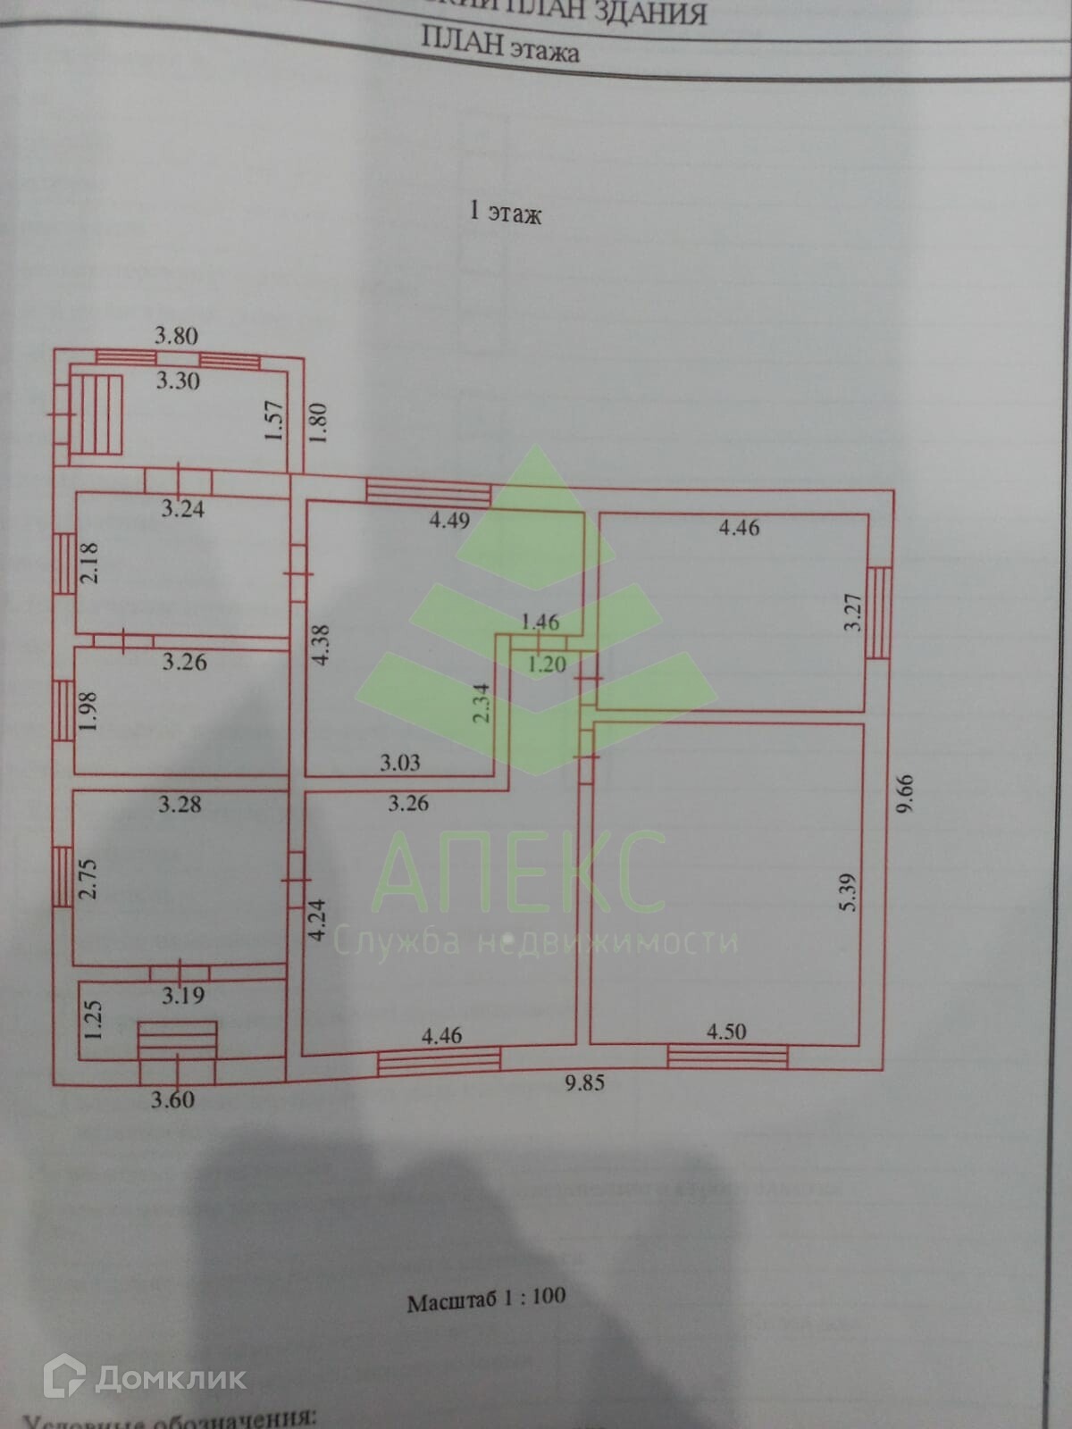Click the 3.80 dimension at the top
[x=176, y=337]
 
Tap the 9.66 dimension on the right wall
[x=908, y=793]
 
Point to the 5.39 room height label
[x=848, y=891]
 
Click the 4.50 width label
[x=726, y=1032]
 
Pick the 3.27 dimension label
[x=854, y=613]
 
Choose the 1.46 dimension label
[x=540, y=622]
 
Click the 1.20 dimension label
[x=547, y=664]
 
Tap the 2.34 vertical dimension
[x=482, y=703]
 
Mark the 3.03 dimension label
[x=399, y=763]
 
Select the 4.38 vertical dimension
[x=322, y=643]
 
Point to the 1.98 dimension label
[x=87, y=712]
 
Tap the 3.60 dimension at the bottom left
[x=172, y=1099]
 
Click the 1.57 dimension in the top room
[x=274, y=420]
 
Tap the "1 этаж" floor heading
[x=506, y=213]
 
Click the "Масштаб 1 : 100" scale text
[x=486, y=1299]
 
